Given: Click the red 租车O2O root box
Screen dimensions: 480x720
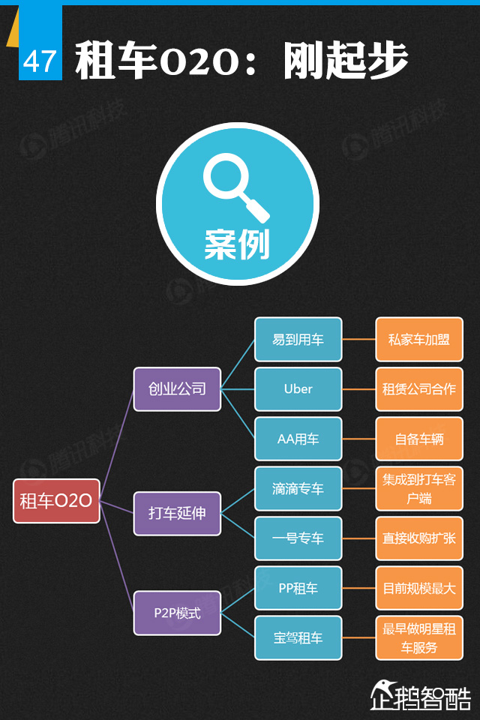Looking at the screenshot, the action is [56, 501].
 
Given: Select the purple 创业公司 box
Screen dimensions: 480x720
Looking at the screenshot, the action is [177, 388].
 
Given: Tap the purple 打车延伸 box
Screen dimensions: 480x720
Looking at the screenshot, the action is [177, 514].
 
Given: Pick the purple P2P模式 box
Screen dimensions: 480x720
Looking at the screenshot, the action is [177, 613].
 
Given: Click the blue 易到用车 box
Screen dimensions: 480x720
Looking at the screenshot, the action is [298, 339].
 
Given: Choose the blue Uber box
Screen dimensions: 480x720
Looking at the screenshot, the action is [298, 388].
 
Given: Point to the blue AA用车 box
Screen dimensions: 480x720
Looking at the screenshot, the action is [298, 439].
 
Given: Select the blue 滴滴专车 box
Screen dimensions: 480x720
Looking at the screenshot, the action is [298, 489].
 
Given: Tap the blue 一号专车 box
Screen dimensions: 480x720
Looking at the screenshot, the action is [298, 538].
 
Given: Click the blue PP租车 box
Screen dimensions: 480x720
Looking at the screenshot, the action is [298, 588].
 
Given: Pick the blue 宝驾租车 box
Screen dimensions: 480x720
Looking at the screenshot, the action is [298, 638].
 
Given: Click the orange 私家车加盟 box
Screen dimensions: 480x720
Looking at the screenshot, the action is [419, 339].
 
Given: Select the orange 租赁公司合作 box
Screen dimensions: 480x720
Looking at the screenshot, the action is [419, 388].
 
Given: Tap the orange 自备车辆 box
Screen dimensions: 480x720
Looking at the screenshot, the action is [419, 439].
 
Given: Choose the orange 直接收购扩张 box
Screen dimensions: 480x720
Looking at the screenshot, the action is [419, 538].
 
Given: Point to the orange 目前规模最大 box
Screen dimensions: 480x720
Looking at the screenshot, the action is [419, 588].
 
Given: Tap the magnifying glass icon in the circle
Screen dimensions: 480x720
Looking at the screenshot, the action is [235, 187].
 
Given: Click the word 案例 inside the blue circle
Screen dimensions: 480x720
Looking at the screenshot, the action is [237, 244].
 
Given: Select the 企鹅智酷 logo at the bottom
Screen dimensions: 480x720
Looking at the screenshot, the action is [421, 694].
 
